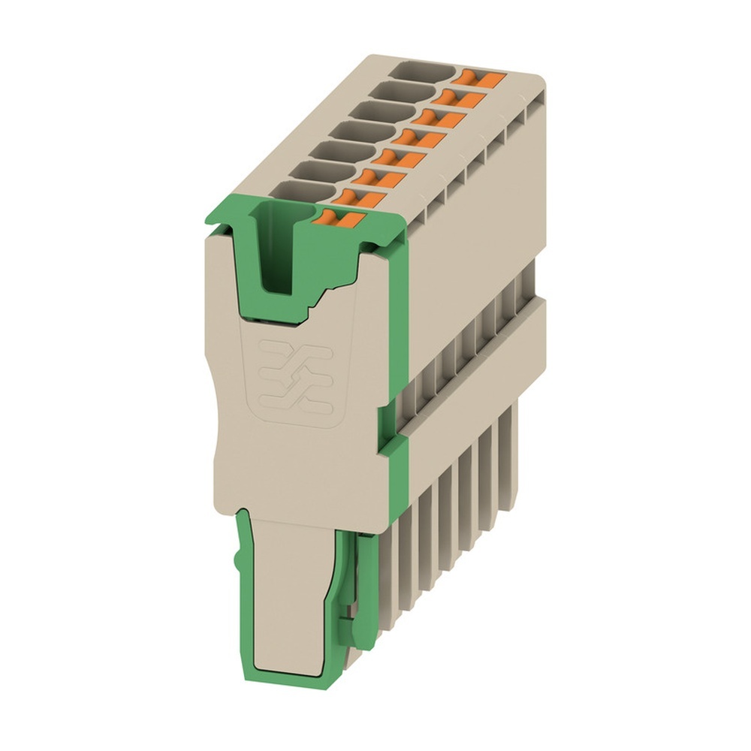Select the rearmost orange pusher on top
point(481,77)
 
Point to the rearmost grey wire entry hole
point(424,74)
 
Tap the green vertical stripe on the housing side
point(400,338)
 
